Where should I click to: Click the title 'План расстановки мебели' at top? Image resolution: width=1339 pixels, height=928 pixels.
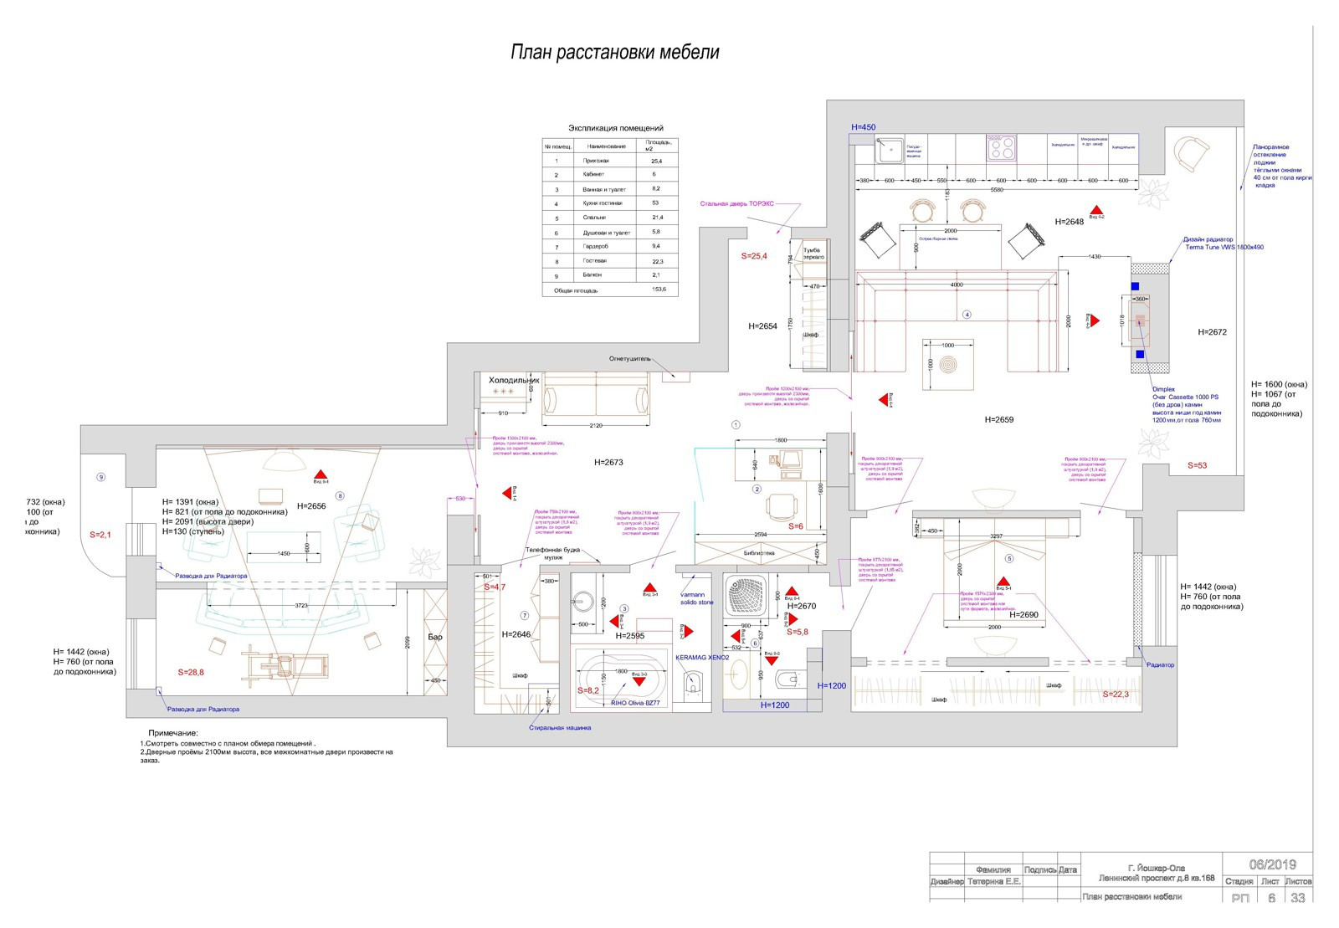(x=614, y=53)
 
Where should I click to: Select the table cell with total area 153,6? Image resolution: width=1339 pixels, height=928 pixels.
(x=659, y=290)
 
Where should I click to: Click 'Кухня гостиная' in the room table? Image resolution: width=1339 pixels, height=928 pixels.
(x=602, y=203)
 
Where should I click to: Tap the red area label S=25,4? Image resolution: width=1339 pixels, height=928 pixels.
(x=754, y=256)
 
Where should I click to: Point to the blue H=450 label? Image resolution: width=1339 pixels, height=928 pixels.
(x=863, y=127)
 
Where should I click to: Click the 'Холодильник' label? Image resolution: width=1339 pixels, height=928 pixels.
(x=513, y=380)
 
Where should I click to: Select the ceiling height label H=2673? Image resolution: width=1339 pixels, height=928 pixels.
(x=608, y=462)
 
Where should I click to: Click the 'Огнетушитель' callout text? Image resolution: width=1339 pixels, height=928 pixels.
(x=629, y=359)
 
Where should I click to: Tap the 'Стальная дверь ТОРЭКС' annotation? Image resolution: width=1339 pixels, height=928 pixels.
(x=736, y=203)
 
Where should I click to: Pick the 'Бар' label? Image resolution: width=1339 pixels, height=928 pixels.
(x=435, y=637)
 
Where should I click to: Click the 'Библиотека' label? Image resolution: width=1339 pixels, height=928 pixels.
(x=759, y=553)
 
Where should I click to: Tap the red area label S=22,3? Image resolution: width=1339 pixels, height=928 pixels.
(x=1116, y=695)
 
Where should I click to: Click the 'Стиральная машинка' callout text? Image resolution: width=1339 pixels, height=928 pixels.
(x=559, y=728)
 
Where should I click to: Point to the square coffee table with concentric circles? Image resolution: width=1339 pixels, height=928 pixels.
(x=948, y=364)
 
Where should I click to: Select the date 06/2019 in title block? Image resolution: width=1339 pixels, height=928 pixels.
(x=1272, y=864)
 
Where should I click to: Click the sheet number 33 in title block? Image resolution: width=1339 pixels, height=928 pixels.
(x=1297, y=898)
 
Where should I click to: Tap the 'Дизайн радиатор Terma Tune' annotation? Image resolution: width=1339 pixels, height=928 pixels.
(x=1224, y=244)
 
